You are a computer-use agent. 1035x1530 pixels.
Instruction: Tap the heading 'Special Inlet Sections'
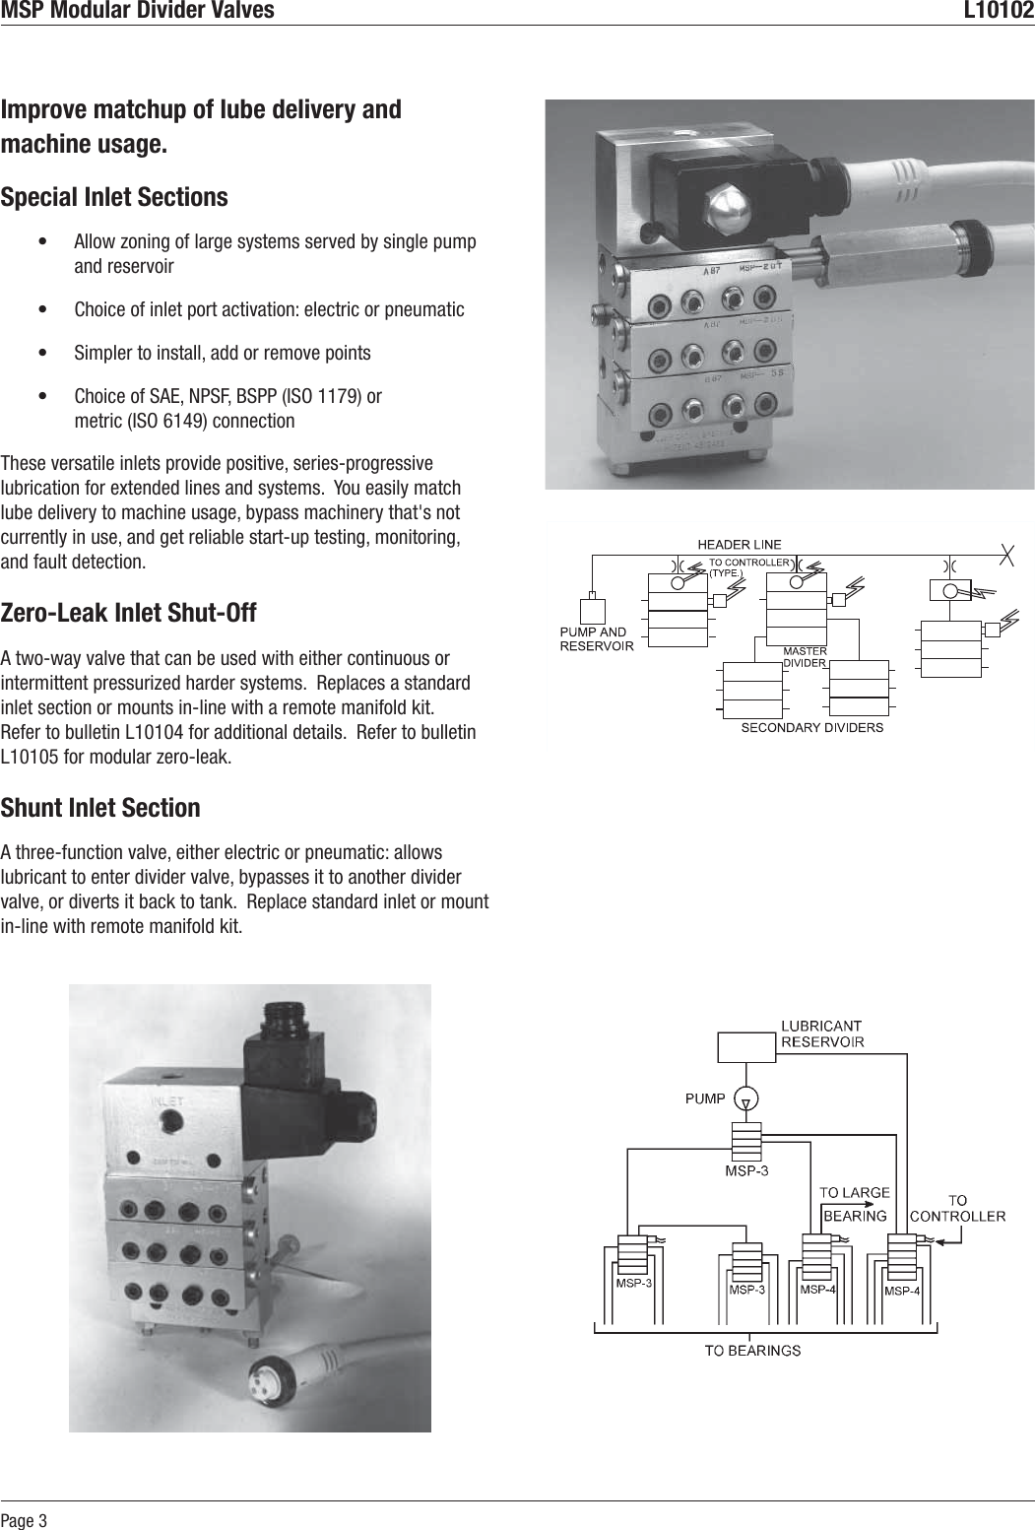click(x=114, y=197)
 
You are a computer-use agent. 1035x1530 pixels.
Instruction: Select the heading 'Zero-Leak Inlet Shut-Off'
click(x=129, y=614)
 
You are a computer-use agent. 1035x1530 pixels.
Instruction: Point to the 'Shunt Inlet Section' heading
click(x=100, y=808)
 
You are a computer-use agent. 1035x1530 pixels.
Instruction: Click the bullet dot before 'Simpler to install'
click(x=40, y=353)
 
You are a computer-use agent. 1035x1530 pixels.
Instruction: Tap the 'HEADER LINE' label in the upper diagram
click(x=739, y=544)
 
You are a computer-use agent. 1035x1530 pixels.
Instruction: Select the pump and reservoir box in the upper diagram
click(x=592, y=611)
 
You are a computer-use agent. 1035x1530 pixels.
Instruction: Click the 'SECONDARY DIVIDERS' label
click(x=811, y=728)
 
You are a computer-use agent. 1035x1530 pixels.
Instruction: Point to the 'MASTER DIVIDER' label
click(x=804, y=657)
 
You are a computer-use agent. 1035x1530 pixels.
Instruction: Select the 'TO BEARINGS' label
click(x=751, y=1350)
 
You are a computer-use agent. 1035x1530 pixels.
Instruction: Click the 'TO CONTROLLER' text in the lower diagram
click(x=957, y=1208)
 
